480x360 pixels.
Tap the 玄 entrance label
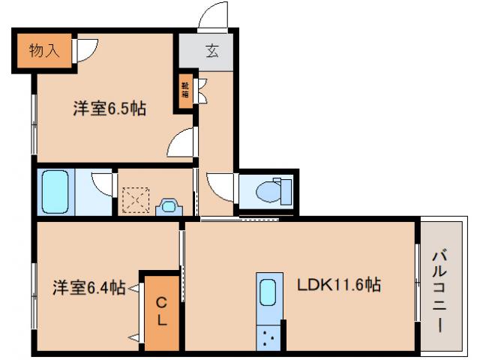pyautogui.click(x=211, y=52)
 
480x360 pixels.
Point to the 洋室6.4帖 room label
pyautogui.click(x=88, y=286)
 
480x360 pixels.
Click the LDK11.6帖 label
pyautogui.click(x=339, y=285)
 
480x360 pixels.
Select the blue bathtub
pyautogui.click(x=55, y=192)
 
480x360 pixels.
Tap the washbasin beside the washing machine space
pyautogui.click(x=169, y=205)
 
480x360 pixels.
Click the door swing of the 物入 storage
pyautogui.click(x=85, y=51)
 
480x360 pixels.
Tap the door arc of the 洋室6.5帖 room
pyautogui.click(x=181, y=142)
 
